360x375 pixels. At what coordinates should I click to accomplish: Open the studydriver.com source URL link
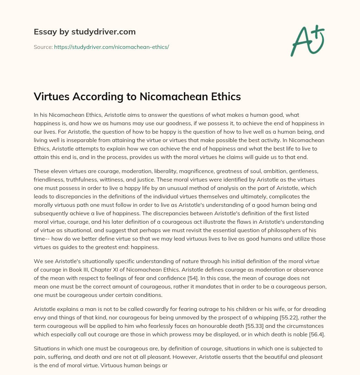point(111,47)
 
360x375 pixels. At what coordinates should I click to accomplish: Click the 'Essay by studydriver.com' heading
point(84,32)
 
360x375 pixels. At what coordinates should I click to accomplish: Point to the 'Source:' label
point(43,47)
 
